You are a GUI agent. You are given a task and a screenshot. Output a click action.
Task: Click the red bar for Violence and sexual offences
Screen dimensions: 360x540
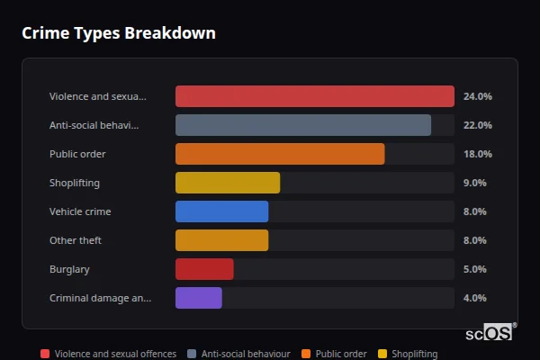point(314,96)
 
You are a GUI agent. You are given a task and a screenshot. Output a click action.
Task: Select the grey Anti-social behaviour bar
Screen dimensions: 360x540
point(302,125)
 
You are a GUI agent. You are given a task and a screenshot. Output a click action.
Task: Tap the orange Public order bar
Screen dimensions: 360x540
point(279,154)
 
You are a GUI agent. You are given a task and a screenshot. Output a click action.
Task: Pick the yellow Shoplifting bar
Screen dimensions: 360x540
point(227,183)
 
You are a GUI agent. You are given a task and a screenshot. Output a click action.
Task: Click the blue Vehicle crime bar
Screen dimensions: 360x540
point(221,211)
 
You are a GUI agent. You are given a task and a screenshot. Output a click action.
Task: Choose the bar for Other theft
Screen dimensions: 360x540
point(221,240)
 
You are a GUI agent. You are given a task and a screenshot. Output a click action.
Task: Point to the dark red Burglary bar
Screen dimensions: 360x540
point(204,269)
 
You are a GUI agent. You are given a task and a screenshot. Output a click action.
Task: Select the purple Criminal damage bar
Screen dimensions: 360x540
point(198,298)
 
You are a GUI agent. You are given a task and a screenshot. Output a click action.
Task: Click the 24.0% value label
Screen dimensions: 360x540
point(477,96)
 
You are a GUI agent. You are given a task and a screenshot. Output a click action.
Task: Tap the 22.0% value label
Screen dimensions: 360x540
point(477,125)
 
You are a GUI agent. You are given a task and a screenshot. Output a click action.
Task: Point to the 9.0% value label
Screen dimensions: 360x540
point(474,183)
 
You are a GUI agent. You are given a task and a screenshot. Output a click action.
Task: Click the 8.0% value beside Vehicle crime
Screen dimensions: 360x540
point(474,211)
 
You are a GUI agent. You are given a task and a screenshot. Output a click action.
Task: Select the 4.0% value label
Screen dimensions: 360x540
point(474,298)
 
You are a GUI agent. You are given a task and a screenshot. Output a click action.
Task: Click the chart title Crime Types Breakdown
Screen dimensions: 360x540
point(118,33)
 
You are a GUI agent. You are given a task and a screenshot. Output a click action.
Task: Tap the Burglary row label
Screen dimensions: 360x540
point(69,269)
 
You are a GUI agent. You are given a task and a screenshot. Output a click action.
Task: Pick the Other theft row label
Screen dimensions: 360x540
point(75,240)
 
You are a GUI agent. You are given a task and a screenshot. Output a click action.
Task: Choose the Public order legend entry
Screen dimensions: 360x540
point(334,354)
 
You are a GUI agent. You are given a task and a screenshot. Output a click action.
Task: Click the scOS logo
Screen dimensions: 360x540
point(490,332)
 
